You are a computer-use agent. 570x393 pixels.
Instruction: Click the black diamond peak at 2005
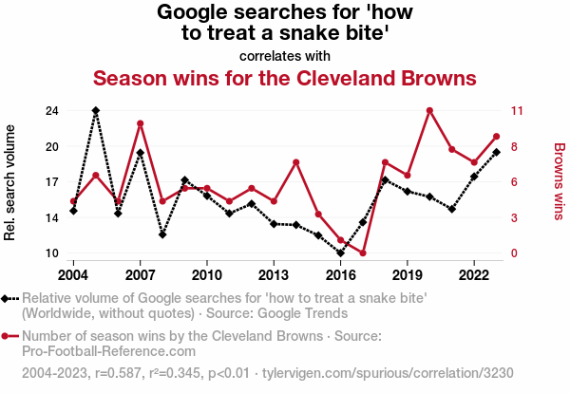pyautogui.click(x=96, y=111)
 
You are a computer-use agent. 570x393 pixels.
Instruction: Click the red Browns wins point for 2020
pyautogui.click(x=429, y=111)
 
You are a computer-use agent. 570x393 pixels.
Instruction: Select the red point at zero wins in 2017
pyautogui.click(x=363, y=253)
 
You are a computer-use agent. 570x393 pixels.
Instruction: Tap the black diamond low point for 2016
pyautogui.click(x=340, y=253)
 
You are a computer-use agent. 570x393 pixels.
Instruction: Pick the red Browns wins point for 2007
pyautogui.click(x=140, y=123)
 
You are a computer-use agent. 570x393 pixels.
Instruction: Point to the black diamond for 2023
pyautogui.click(x=497, y=153)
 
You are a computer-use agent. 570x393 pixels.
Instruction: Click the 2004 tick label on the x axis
pyautogui.click(x=73, y=274)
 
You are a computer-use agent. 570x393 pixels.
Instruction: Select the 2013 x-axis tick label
pyautogui.click(x=274, y=274)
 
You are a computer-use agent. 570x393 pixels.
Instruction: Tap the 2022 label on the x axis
pyautogui.click(x=474, y=274)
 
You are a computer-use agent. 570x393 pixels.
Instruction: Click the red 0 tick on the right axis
pyautogui.click(x=514, y=253)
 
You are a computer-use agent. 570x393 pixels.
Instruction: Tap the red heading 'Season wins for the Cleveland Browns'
pyautogui.click(x=284, y=77)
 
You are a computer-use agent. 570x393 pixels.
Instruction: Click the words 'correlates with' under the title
pyautogui.click(x=284, y=54)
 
